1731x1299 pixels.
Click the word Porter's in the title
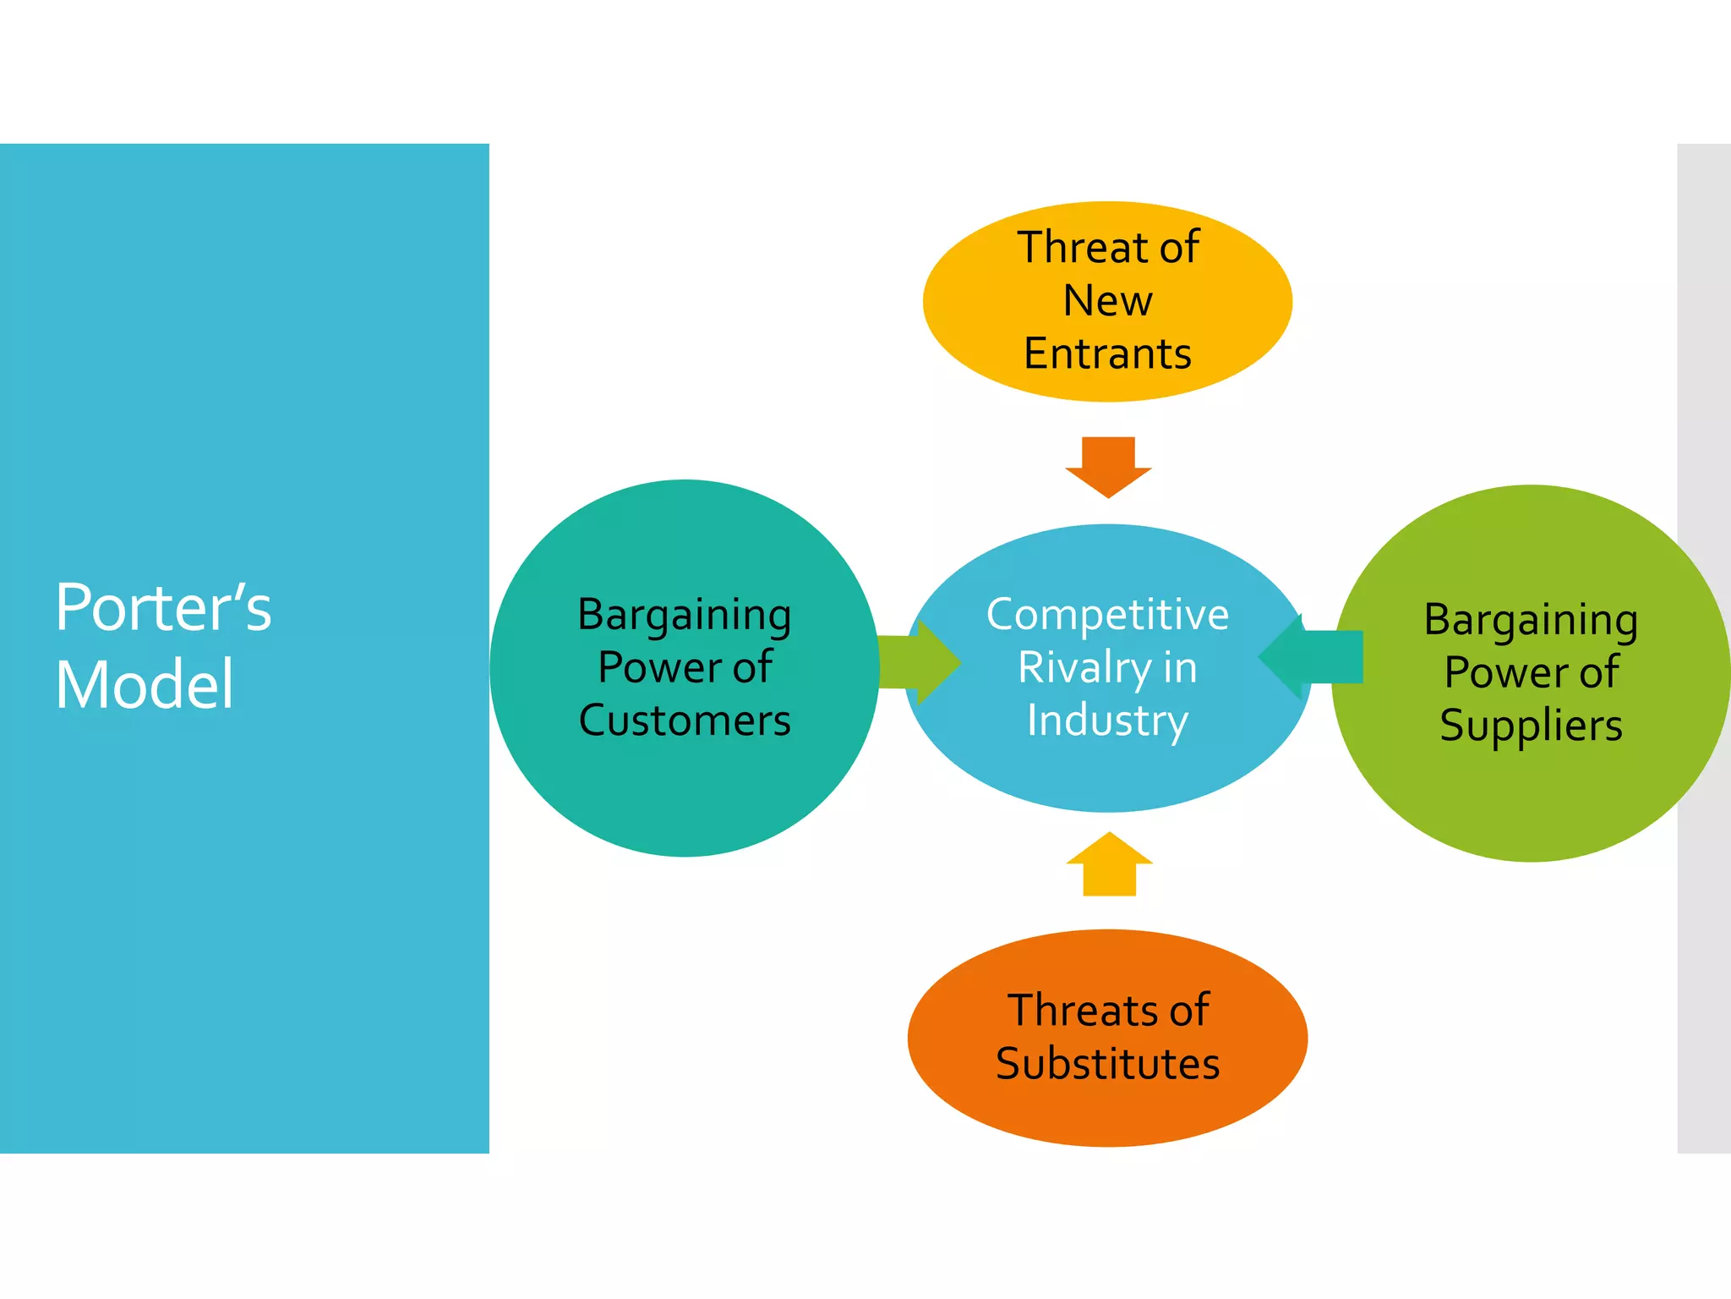[163, 608]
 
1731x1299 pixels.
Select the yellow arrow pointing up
[1109, 864]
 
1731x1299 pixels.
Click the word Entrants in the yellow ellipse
[1107, 354]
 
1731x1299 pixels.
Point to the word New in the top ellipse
[1107, 300]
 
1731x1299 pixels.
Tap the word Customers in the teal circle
[685, 721]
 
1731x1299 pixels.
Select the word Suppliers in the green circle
[1531, 726]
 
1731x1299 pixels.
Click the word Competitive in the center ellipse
[1107, 615]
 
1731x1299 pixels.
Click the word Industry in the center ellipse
[1107, 721]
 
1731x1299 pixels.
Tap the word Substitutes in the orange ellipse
[1107, 1064]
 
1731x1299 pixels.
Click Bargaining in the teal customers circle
[685, 615]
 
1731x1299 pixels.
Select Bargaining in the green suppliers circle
[1531, 620]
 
